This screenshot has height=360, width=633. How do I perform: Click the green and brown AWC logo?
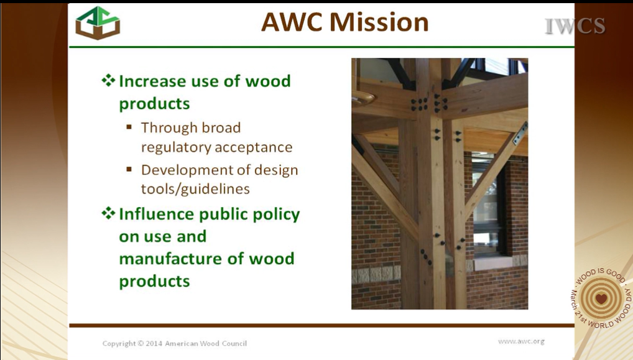[98, 22]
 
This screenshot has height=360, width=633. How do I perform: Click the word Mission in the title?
[379, 22]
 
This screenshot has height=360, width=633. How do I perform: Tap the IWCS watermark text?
[575, 26]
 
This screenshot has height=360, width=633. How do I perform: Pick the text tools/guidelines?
[195, 189]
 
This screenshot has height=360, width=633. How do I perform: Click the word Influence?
[157, 214]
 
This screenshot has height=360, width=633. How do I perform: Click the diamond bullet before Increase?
[108, 80]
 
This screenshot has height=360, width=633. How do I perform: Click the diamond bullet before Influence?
[108, 213]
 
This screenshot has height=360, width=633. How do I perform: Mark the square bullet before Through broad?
[129, 127]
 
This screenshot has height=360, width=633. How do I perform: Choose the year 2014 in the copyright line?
[154, 343]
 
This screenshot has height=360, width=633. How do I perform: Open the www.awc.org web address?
[521, 341]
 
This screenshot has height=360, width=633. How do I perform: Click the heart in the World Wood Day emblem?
[601, 298]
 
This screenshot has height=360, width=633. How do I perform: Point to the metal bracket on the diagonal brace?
[520, 133]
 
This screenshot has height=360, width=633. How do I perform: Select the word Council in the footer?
[234, 343]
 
